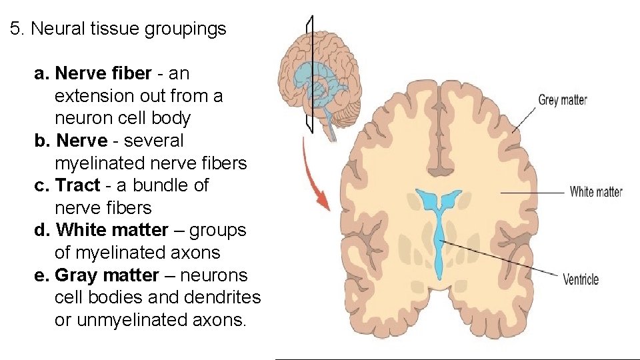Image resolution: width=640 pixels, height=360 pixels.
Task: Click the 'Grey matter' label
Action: tap(562, 101)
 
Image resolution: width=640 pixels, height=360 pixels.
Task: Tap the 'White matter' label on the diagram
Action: tap(595, 192)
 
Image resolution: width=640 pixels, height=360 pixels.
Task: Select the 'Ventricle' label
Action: tap(581, 279)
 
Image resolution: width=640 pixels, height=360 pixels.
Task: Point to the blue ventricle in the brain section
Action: tap(439, 227)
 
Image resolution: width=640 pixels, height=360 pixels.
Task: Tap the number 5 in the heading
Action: tap(15, 29)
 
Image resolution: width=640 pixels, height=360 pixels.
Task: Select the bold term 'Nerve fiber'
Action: tap(103, 73)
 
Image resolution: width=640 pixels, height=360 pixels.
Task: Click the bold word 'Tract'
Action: tap(78, 185)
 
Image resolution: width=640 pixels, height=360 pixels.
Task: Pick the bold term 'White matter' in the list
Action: tap(113, 231)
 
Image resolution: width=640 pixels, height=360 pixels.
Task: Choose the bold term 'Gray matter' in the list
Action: tap(107, 275)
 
